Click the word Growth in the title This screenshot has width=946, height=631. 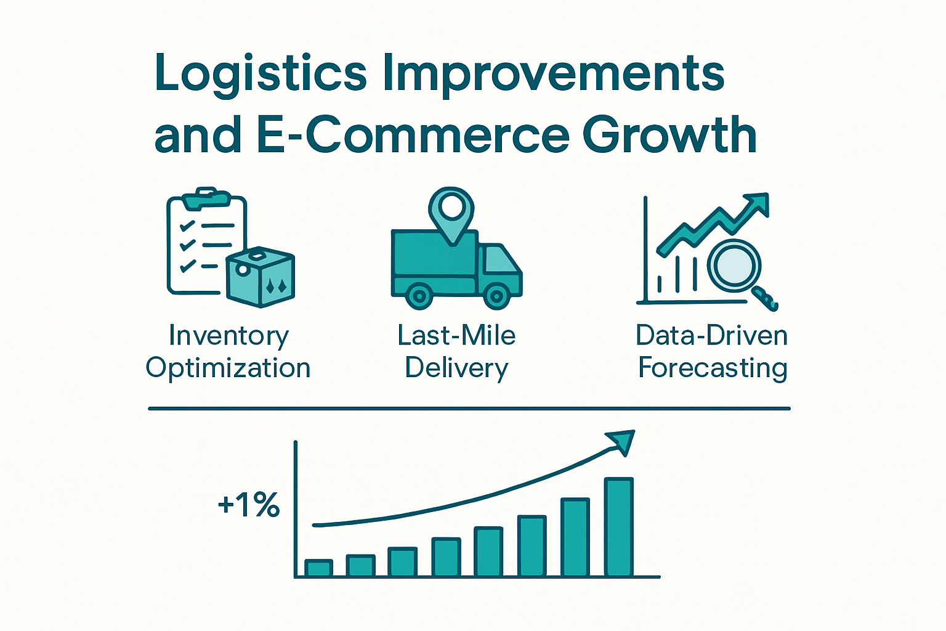click(x=669, y=136)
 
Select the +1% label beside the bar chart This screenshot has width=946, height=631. click(x=249, y=505)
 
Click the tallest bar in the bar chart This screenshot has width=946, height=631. click(x=618, y=527)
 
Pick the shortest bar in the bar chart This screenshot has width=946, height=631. click(x=318, y=568)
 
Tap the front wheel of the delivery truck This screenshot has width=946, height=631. click(x=496, y=296)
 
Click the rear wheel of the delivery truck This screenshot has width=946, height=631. click(x=419, y=296)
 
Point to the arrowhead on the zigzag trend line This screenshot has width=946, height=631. click(x=758, y=204)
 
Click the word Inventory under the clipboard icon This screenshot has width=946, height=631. click(x=228, y=336)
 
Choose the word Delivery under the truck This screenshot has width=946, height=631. click(x=456, y=368)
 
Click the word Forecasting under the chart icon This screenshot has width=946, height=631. click(x=713, y=368)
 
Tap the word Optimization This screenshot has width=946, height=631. click(x=228, y=368)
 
